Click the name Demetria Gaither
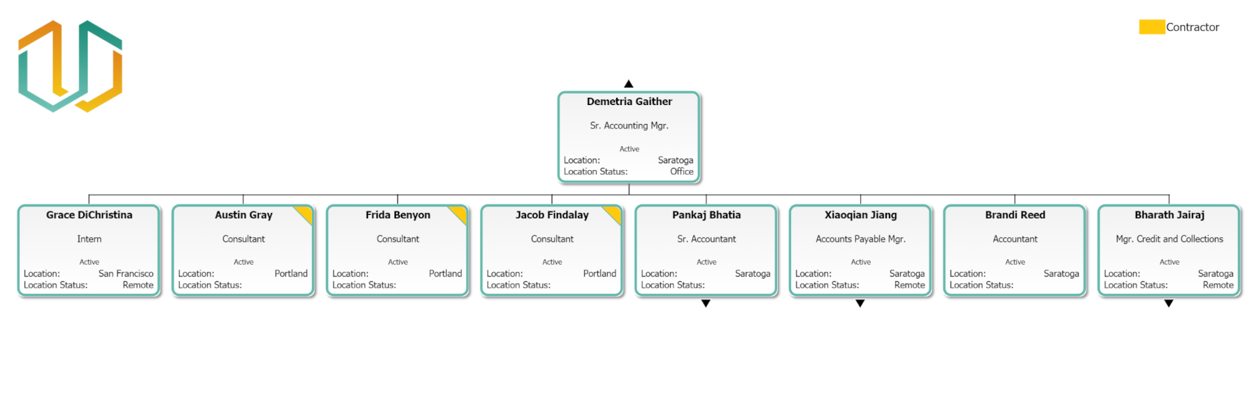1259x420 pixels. [x=629, y=101]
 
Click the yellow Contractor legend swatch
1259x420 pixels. [x=1151, y=27]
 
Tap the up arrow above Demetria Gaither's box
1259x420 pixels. [x=629, y=84]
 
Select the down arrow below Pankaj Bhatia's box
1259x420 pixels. [x=706, y=303]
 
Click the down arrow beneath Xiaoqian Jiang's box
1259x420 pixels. [x=860, y=303]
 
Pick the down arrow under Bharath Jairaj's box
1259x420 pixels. [x=1169, y=303]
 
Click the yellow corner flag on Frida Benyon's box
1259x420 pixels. [x=460, y=212]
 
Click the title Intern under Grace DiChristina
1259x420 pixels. [x=90, y=239]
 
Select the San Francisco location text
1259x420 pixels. [x=126, y=274]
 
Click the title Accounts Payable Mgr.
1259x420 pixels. [x=860, y=239]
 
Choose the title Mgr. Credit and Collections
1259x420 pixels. [x=1169, y=239]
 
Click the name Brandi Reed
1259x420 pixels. [x=1015, y=215]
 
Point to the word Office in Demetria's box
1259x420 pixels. [x=681, y=171]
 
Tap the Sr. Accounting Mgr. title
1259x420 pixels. [x=629, y=125]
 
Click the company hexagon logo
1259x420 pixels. [x=70, y=66]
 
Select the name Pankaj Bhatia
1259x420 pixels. [x=706, y=215]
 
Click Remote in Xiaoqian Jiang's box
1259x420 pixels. [x=909, y=285]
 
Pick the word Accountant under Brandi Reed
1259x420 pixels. [x=1015, y=239]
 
